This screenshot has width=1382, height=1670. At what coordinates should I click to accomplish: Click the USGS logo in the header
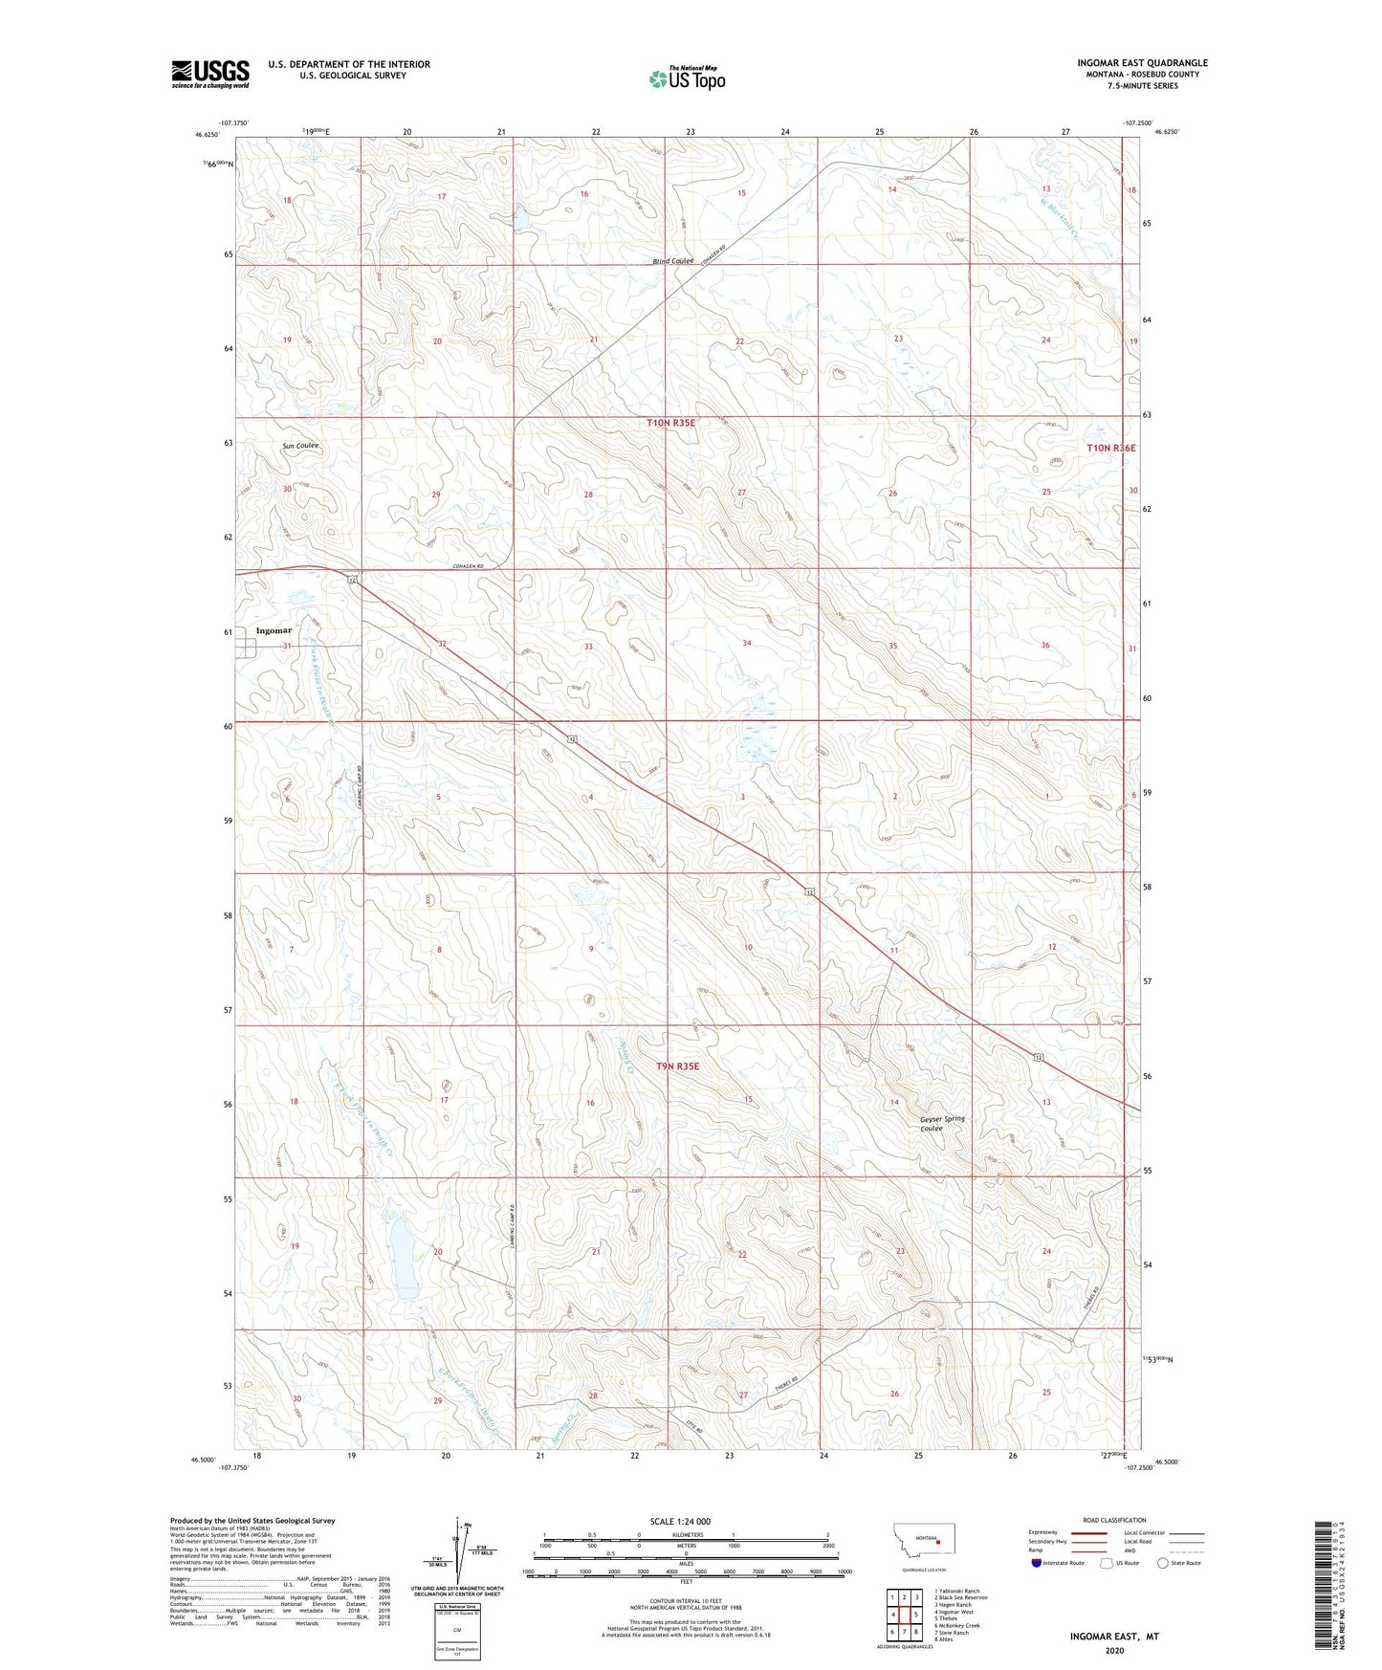(x=210, y=74)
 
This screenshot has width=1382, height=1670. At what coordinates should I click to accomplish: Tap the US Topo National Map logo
(x=686, y=78)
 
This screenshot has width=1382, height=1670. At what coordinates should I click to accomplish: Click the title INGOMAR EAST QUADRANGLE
(x=1142, y=63)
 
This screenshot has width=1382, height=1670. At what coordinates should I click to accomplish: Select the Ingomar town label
(x=274, y=631)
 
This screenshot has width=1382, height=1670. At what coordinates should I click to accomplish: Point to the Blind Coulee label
(x=673, y=261)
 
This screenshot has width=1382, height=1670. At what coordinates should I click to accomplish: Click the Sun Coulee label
(x=300, y=447)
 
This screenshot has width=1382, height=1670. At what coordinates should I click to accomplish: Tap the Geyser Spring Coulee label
(x=942, y=1124)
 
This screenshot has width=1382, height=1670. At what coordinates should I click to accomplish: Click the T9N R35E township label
(x=678, y=1066)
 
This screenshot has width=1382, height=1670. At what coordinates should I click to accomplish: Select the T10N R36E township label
(x=1110, y=448)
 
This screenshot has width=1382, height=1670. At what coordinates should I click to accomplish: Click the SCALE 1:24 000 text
(x=680, y=1521)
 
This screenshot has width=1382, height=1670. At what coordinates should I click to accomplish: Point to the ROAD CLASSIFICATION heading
(x=1114, y=1520)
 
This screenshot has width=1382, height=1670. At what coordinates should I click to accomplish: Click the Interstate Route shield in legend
(x=1039, y=1563)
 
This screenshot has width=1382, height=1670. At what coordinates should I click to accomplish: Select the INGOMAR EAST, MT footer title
(x=1114, y=1637)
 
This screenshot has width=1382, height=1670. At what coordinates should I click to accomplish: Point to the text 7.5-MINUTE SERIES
(x=1142, y=86)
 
